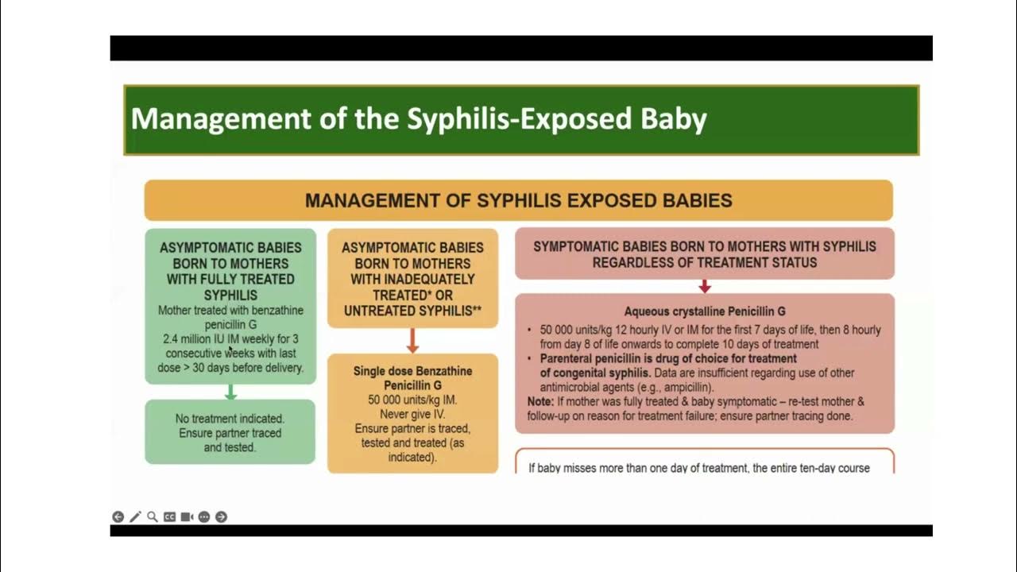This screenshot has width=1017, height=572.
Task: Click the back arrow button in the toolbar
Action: pyautogui.click(x=118, y=517)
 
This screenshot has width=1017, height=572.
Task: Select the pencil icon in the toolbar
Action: pyautogui.click(x=135, y=517)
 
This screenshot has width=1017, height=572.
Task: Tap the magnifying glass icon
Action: pyautogui.click(x=153, y=517)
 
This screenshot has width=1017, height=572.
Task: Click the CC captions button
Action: pyautogui.click(x=169, y=517)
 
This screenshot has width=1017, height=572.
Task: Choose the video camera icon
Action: pyautogui.click(x=187, y=517)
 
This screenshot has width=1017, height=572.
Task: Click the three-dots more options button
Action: pyautogui.click(x=204, y=517)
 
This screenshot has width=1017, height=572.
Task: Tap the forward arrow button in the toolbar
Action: pyautogui.click(x=221, y=517)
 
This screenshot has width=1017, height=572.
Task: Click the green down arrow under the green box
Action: pyautogui.click(x=230, y=392)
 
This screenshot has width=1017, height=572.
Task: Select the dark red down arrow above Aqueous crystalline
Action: pyautogui.click(x=704, y=286)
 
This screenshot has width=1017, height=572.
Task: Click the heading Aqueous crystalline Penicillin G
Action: pyautogui.click(x=704, y=311)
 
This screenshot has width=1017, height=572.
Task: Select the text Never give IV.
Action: pyautogui.click(x=412, y=414)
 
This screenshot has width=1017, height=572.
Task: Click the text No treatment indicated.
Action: pyautogui.click(x=230, y=418)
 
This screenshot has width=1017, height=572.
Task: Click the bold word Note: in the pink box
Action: pyautogui.click(x=543, y=401)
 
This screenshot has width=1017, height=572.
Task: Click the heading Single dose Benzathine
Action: pyautogui.click(x=412, y=371)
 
